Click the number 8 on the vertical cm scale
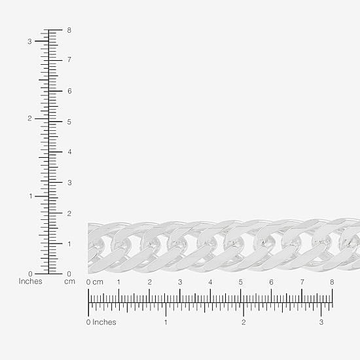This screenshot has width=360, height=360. click(69, 30)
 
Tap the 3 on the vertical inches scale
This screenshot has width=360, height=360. click(29, 41)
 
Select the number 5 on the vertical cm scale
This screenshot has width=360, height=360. click(69, 122)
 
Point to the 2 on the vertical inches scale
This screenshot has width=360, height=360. click(29, 118)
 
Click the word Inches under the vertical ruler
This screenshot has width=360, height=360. click(30, 281)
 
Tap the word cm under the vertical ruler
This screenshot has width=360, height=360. click(69, 281)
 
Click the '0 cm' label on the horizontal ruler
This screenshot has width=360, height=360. click(95, 282)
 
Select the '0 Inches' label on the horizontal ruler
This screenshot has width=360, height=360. click(101, 322)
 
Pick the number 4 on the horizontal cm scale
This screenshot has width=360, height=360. click(210, 282)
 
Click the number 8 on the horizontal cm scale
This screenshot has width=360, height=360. click(332, 282)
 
